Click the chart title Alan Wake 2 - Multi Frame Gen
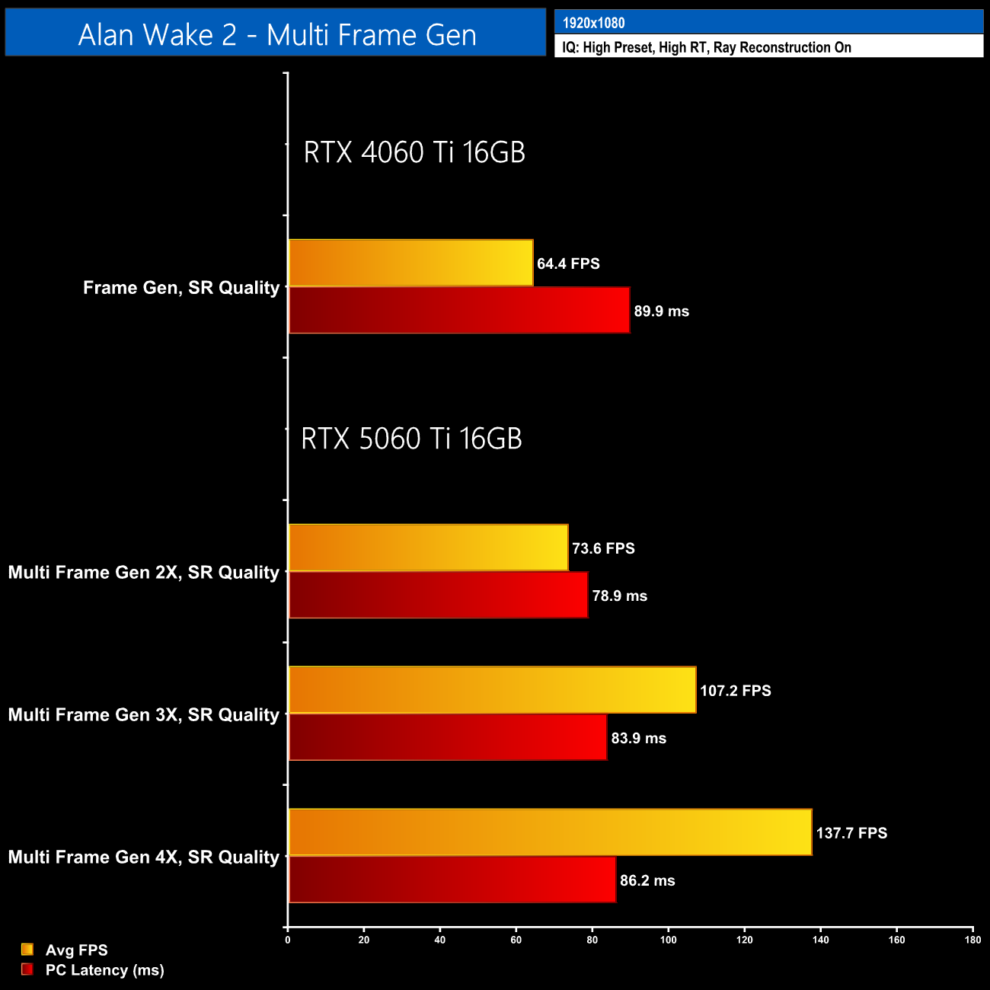pyautogui.click(x=276, y=35)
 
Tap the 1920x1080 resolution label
pyautogui.click(x=593, y=23)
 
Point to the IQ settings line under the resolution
pyautogui.click(x=706, y=47)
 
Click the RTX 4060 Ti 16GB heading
pyautogui.click(x=414, y=152)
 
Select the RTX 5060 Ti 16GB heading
pyautogui.click(x=411, y=439)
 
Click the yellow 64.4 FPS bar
pyautogui.click(x=410, y=263)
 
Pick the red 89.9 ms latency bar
pyautogui.click(x=459, y=311)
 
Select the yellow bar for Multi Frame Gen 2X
pyautogui.click(x=428, y=548)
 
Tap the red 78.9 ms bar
pyautogui.click(x=438, y=596)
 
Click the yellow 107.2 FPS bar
pyautogui.click(x=492, y=691)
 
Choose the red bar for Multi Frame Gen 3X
pyautogui.click(x=448, y=738)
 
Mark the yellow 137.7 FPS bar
pyautogui.click(x=550, y=832)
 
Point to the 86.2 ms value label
pyautogui.click(x=647, y=880)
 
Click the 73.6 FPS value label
pyautogui.click(x=603, y=548)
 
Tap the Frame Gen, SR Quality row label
pyautogui.click(x=181, y=288)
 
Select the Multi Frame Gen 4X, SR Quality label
pyautogui.click(x=144, y=857)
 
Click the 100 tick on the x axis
pyautogui.click(x=668, y=939)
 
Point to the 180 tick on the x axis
pyautogui.click(x=972, y=939)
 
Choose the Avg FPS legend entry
pyautogui.click(x=76, y=950)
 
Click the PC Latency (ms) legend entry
pyautogui.click(x=104, y=969)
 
